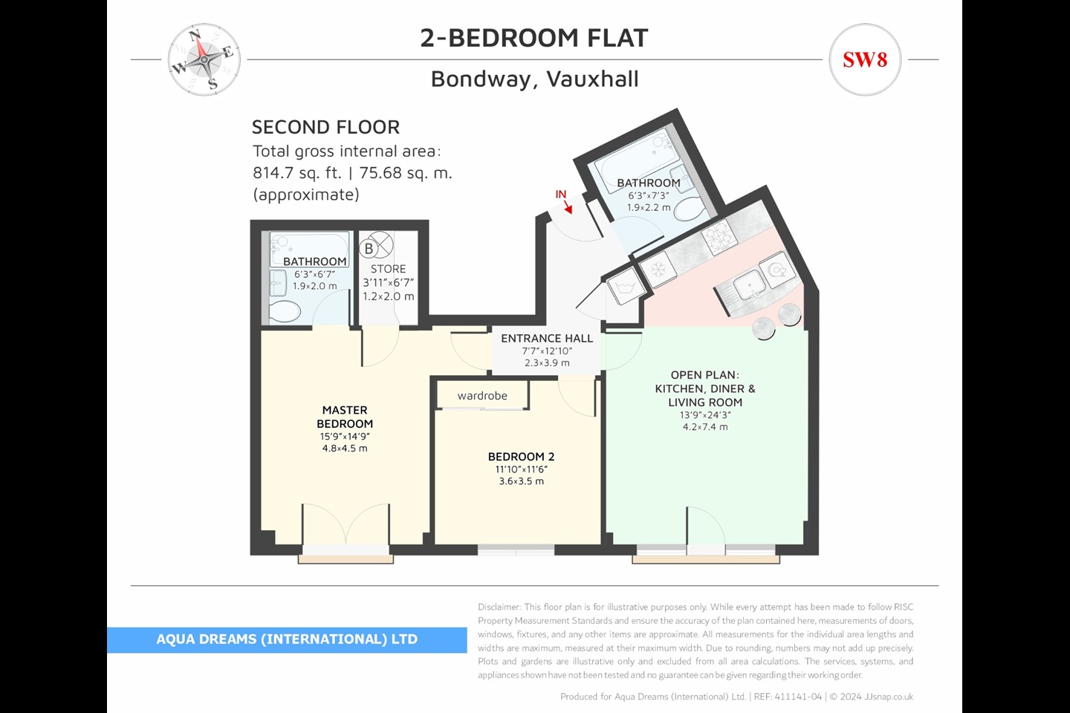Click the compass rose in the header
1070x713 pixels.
pyautogui.click(x=203, y=59)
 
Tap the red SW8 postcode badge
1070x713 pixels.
pyautogui.click(x=865, y=59)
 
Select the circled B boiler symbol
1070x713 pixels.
pyautogui.click(x=369, y=248)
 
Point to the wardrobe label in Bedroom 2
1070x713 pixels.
pyautogui.click(x=482, y=396)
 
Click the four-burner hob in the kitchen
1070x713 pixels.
pyautogui.click(x=719, y=238)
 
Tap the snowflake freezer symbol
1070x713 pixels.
pyautogui.click(x=658, y=268)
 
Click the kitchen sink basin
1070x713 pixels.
pyautogui.click(x=748, y=284)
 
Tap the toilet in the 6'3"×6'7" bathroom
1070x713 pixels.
pyautogui.click(x=285, y=310)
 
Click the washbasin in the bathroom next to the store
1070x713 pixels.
pyautogui.click(x=278, y=282)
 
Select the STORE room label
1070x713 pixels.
pyautogui.click(x=388, y=269)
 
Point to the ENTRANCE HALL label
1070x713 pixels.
pyautogui.click(x=547, y=339)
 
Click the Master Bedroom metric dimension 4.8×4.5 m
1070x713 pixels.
pyautogui.click(x=345, y=449)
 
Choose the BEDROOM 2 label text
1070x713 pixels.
pyautogui.click(x=521, y=457)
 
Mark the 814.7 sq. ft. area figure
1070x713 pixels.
pyautogui.click(x=296, y=173)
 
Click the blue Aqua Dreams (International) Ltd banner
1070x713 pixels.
pyautogui.click(x=287, y=639)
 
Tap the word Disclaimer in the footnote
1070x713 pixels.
pyautogui.click(x=499, y=608)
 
